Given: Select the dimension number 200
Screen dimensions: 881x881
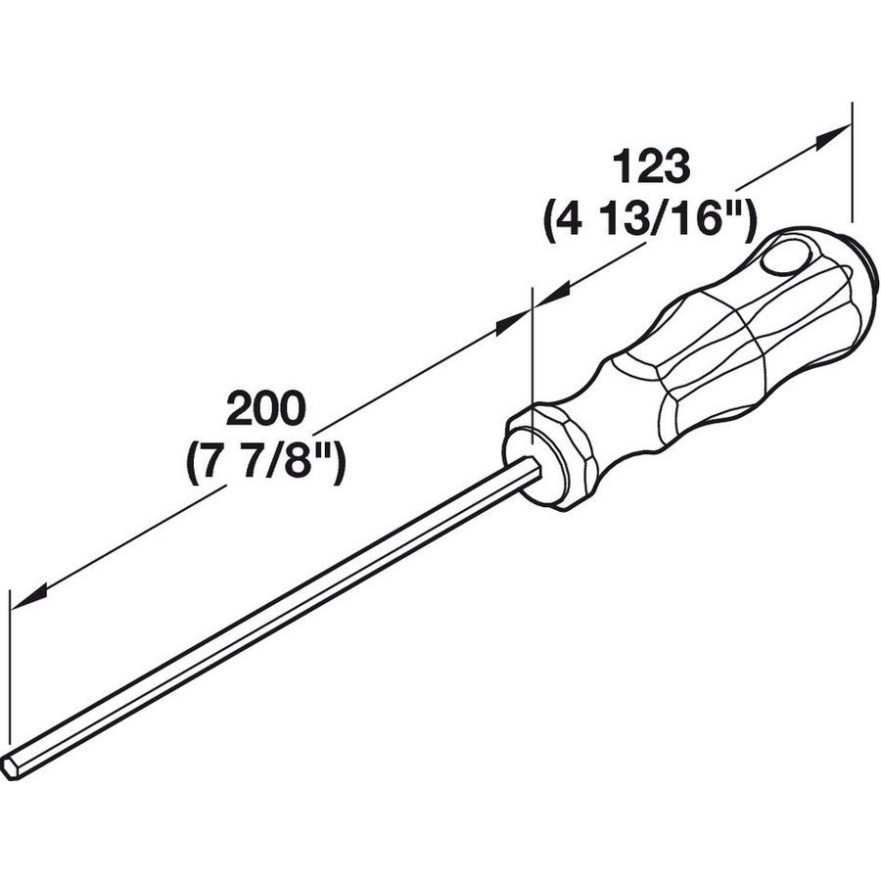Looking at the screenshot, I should pyautogui.click(x=262, y=409).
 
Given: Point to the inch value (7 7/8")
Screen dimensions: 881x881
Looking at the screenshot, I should pyautogui.click(x=262, y=461).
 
